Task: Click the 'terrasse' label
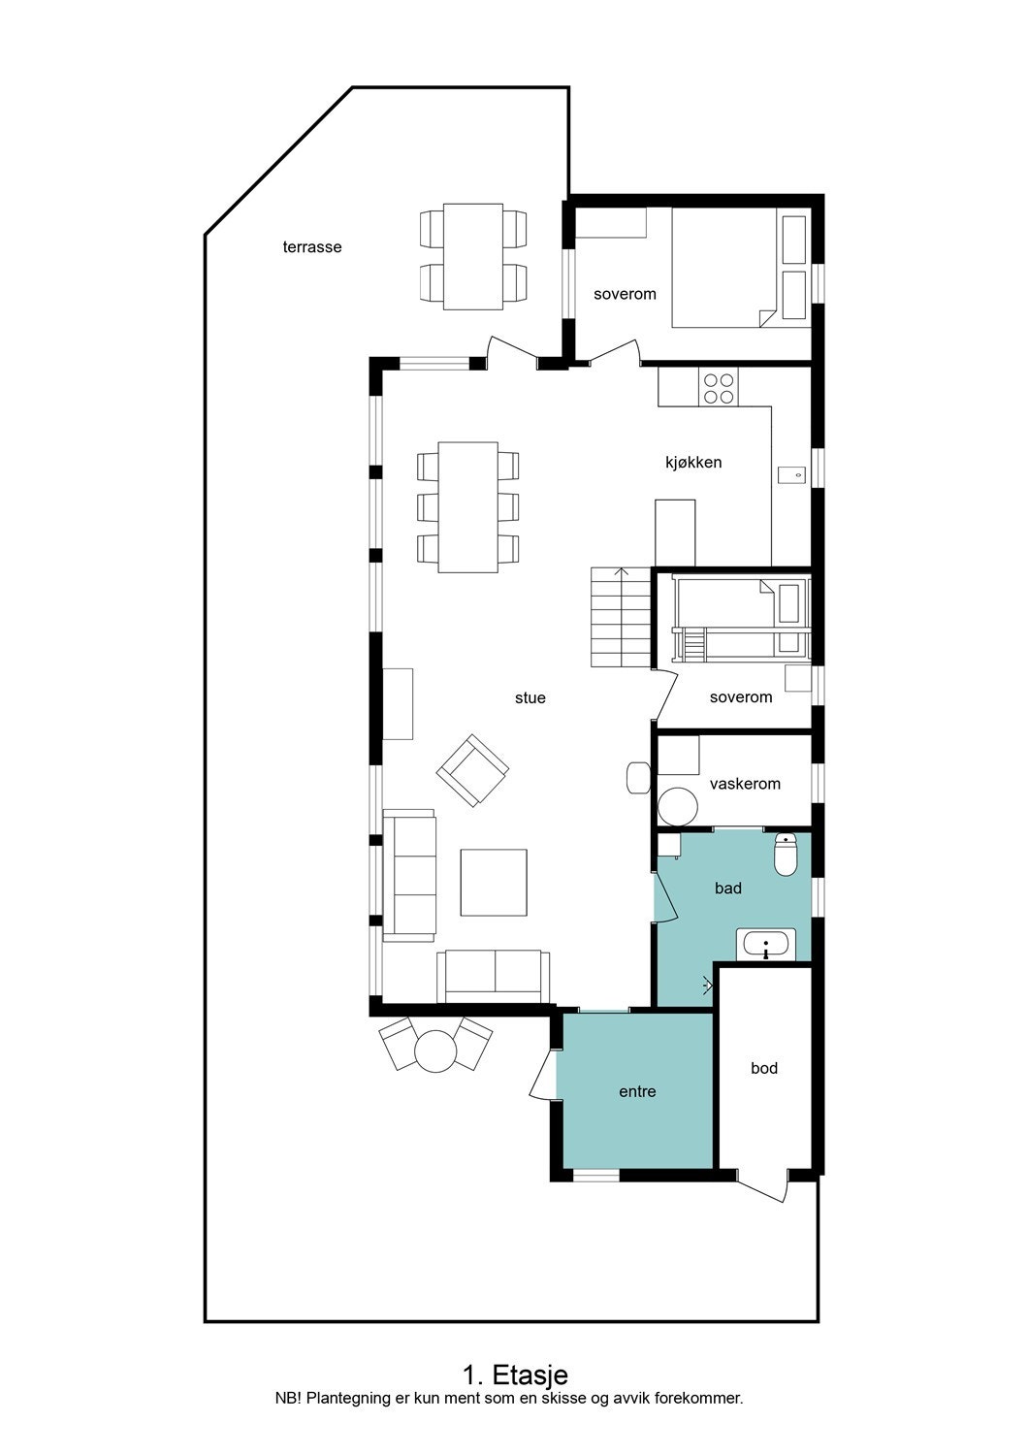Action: (311, 247)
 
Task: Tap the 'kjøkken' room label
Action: (692, 463)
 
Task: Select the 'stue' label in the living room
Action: (530, 698)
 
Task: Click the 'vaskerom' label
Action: (744, 784)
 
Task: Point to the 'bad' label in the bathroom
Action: (727, 889)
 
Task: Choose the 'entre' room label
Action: (637, 1092)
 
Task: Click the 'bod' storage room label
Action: (763, 1069)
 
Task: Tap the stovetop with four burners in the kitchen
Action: (719, 388)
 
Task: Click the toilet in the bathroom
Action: (786, 855)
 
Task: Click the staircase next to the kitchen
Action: (621, 618)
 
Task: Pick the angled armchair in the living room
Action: (472, 770)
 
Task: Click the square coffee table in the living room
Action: (494, 882)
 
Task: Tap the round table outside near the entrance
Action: (435, 1049)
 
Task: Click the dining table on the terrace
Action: (472, 257)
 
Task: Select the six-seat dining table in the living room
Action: (467, 507)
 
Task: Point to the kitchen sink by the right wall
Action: (790, 474)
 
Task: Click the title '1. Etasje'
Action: (515, 1374)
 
